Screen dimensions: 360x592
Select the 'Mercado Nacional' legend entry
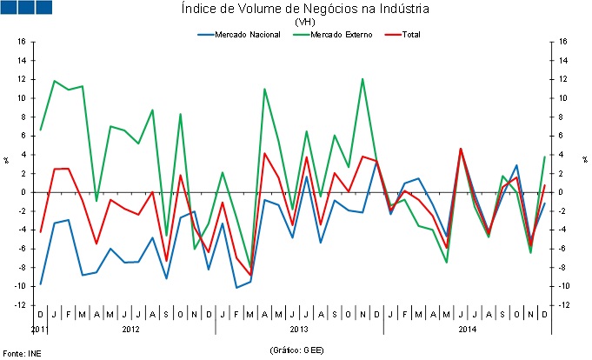point(238,34)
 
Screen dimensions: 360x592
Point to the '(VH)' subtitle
point(305,22)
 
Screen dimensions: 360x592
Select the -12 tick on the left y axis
point(20,305)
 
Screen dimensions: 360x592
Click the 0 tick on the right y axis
point(562,192)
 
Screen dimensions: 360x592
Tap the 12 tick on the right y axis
point(564,79)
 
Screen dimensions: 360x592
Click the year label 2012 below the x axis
point(130,330)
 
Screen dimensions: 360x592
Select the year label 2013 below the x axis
point(298,330)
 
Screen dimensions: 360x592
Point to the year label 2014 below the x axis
point(467,330)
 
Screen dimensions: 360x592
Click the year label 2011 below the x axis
point(38,330)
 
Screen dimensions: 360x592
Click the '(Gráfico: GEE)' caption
point(298,349)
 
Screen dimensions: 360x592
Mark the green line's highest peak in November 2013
point(363,79)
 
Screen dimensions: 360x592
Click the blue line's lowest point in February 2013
point(236,287)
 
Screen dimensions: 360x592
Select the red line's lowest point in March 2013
point(250,276)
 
